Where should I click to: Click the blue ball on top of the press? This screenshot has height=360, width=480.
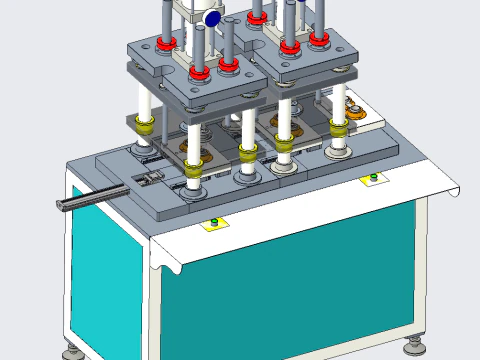[x=211, y=18]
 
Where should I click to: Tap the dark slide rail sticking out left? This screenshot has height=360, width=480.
[x=90, y=199]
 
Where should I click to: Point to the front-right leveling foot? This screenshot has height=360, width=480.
[x=415, y=347]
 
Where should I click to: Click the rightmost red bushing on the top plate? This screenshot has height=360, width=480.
[x=319, y=38]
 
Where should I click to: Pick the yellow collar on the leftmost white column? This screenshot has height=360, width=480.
[x=146, y=124]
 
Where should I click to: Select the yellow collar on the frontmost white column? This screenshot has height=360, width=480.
[x=193, y=164]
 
